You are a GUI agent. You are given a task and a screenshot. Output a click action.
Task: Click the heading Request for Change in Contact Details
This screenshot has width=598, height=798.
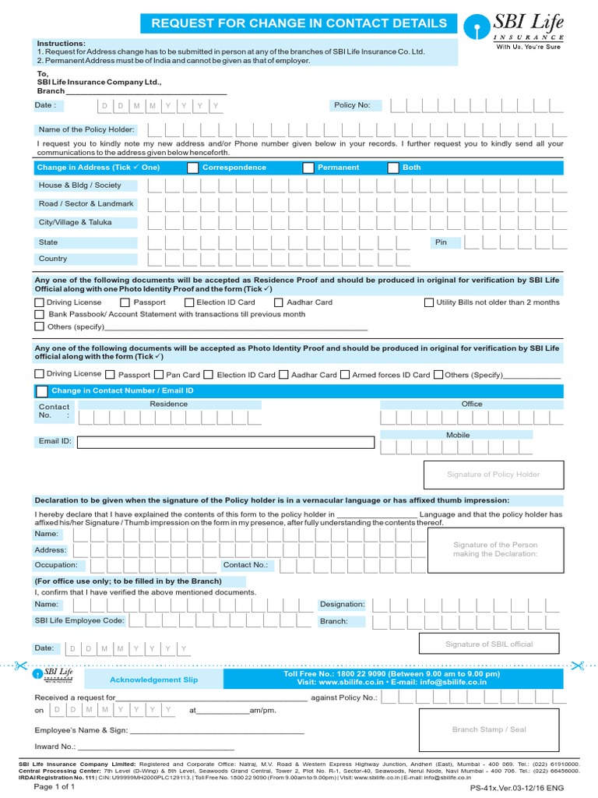coord(299,23)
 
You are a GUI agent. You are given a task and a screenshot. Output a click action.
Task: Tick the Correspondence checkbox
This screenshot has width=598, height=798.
coord(192,168)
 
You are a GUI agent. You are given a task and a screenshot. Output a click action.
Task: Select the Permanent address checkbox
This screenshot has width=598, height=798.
coord(308,168)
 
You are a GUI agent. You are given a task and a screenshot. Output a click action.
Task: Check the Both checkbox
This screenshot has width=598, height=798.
coord(393,168)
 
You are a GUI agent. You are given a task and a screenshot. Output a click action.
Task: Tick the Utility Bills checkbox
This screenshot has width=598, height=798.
coord(429,302)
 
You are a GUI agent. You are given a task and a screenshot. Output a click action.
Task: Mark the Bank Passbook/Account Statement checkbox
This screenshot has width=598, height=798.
coord(40,314)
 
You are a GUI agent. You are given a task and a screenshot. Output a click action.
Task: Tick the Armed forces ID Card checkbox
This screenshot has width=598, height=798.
coord(345,375)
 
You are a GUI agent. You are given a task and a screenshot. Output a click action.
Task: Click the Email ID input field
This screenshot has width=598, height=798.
coord(225,443)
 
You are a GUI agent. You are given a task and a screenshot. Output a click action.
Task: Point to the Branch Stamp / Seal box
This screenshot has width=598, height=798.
coord(489,729)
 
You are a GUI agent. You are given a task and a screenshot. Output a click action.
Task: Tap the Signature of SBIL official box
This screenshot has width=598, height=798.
coord(489,644)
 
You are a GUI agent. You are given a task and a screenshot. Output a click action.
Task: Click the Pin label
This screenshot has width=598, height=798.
coord(441,242)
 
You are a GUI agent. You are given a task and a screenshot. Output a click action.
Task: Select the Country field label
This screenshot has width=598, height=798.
coord(53,259)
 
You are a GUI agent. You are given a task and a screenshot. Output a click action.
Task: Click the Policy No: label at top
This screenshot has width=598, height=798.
coord(352,105)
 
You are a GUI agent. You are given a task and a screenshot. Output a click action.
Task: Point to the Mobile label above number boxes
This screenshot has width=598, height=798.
coord(458,435)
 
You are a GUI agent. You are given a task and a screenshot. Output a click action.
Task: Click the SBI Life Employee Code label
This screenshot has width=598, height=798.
coord(79,620)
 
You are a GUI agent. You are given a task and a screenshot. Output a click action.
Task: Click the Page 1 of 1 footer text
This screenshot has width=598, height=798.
coord(55,787)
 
